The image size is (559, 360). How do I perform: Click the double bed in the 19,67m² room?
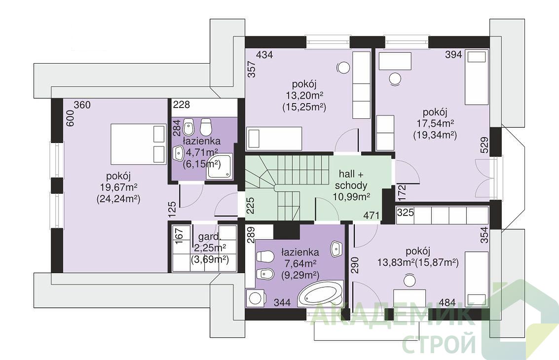click(139, 144)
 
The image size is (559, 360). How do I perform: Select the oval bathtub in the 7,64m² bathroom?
click(321, 294)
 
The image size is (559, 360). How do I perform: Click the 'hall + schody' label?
click(351, 180)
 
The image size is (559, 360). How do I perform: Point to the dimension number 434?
click(264, 55)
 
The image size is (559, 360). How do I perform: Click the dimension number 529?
click(484, 144)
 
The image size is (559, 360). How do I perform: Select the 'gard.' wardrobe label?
click(210, 237)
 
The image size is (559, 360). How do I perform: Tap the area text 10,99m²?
click(351, 196)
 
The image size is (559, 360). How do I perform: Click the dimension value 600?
click(70, 118)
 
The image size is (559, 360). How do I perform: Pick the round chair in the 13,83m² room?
click(410, 280)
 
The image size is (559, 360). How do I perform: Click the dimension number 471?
click(372, 216)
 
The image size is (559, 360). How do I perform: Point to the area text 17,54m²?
click(435, 124)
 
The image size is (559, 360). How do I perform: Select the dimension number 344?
click(282, 303)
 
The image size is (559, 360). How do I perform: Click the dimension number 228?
click(182, 105)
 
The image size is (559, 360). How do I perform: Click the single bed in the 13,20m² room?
click(274, 138)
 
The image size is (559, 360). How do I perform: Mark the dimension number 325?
click(406, 213)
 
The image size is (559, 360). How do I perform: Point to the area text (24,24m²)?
click(118, 199)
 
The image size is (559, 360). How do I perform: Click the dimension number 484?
click(447, 303)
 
